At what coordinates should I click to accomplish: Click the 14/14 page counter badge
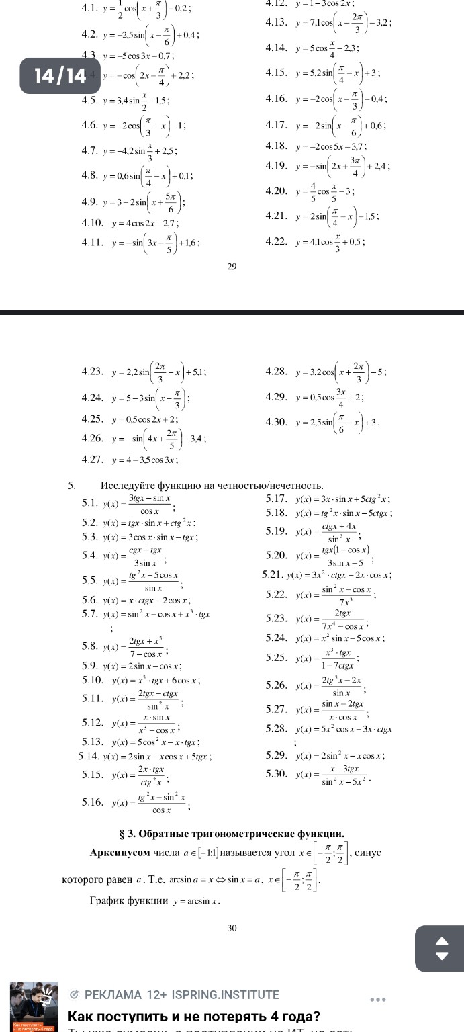tap(60, 75)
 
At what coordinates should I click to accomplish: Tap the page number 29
tap(232, 267)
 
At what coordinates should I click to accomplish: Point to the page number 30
tap(232, 928)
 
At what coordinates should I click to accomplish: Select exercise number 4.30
tap(277, 422)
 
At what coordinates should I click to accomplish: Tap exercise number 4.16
tap(277, 99)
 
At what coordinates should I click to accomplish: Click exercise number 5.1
tap(91, 503)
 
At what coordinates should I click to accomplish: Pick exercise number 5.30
tap(277, 773)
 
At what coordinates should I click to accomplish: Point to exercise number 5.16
tap(93, 802)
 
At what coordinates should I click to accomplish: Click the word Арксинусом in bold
tap(120, 853)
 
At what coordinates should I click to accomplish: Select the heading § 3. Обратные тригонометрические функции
tap(232, 834)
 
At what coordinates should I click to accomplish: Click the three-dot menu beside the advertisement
tap(378, 1000)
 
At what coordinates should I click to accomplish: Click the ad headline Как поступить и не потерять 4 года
tap(194, 1016)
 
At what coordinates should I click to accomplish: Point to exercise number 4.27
tap(92, 460)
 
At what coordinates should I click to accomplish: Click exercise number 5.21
tap(273, 575)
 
